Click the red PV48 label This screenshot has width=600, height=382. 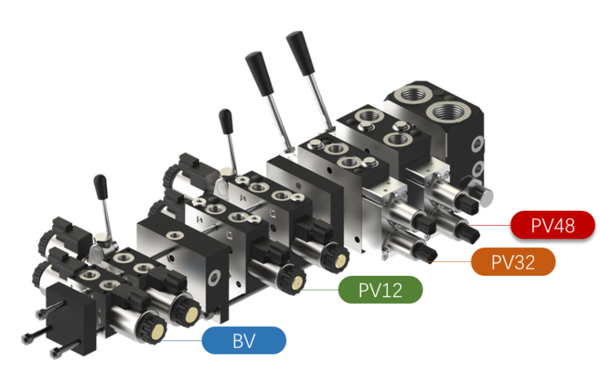click(553, 225)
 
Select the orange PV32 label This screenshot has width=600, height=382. click(513, 262)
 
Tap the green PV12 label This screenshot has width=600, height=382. click(380, 290)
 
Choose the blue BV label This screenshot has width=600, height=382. click(244, 340)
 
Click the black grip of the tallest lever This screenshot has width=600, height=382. click(301, 52)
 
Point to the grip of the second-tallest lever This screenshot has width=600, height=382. click(259, 73)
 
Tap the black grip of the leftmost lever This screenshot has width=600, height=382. click(101, 187)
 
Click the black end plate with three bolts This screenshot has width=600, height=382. click(71, 317)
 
